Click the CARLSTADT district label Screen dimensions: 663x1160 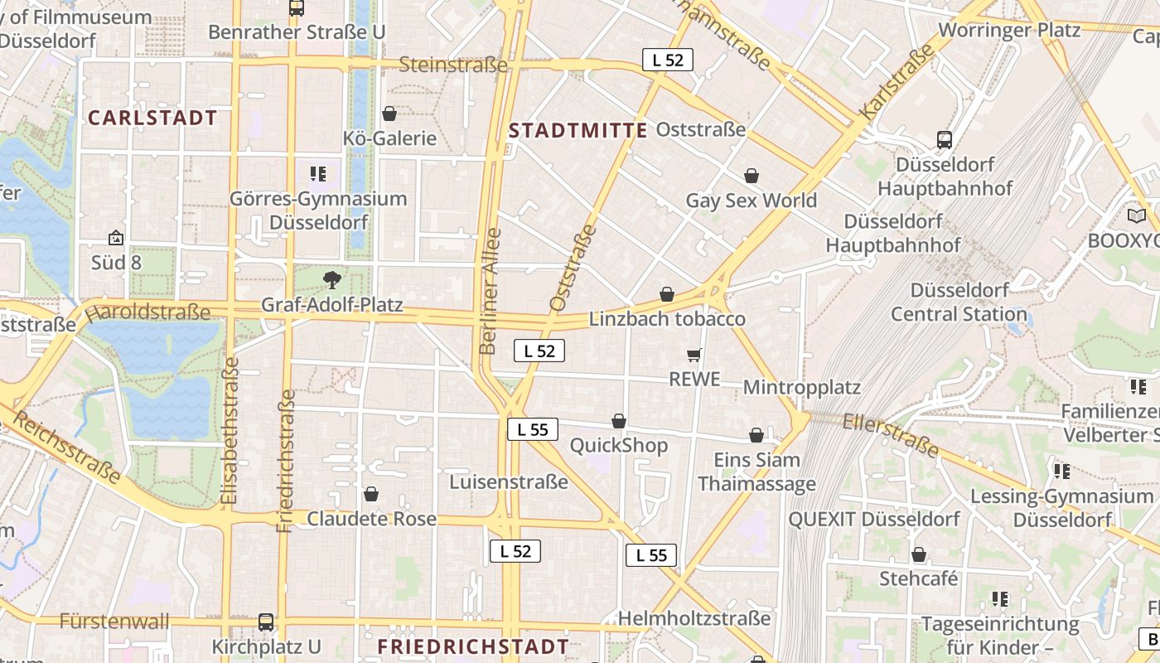[152, 118]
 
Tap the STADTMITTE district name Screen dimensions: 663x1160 [578, 130]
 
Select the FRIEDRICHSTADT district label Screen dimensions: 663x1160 [473, 646]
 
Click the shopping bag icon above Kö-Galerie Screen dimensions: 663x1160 [389, 114]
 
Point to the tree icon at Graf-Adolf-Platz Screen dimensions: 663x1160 [332, 279]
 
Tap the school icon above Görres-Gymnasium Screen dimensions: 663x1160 [318, 174]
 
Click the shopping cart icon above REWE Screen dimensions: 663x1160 [694, 356]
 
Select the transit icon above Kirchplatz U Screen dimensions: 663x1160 [266, 622]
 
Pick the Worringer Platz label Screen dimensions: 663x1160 [1009, 31]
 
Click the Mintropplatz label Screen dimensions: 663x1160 [801, 387]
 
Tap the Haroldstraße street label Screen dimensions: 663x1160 [147, 312]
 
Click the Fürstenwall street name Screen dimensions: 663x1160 [114, 621]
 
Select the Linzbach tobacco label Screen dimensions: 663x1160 [667, 319]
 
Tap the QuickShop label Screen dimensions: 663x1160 [618, 446]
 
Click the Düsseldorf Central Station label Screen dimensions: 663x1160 [959, 302]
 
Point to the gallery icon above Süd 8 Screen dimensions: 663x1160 [116, 238]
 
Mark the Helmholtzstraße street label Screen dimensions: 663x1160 [694, 618]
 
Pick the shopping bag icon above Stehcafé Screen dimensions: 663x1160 [918, 554]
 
